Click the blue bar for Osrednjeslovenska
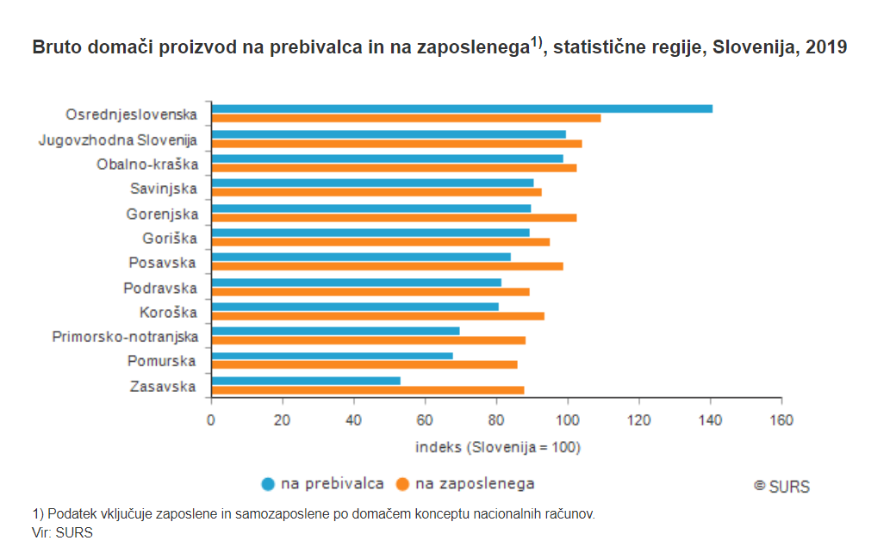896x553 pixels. (x=462, y=109)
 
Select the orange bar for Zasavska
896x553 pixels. (x=368, y=390)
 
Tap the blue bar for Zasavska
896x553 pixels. (x=306, y=380)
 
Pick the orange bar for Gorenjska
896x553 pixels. (x=394, y=217)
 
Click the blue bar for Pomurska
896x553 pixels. (x=332, y=356)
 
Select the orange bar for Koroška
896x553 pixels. (x=377, y=316)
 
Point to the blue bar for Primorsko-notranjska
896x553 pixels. (x=335, y=331)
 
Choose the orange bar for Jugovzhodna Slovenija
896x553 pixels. (x=396, y=144)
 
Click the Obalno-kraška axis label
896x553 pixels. (x=147, y=164)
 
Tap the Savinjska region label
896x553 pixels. (x=164, y=189)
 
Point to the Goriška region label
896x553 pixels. (x=170, y=239)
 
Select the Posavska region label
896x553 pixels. (x=163, y=263)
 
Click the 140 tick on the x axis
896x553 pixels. (x=710, y=419)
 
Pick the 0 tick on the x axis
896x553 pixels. (x=211, y=419)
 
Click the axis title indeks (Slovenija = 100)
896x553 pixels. (x=497, y=447)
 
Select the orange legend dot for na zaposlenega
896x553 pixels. (x=401, y=484)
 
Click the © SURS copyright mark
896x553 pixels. (x=781, y=486)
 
